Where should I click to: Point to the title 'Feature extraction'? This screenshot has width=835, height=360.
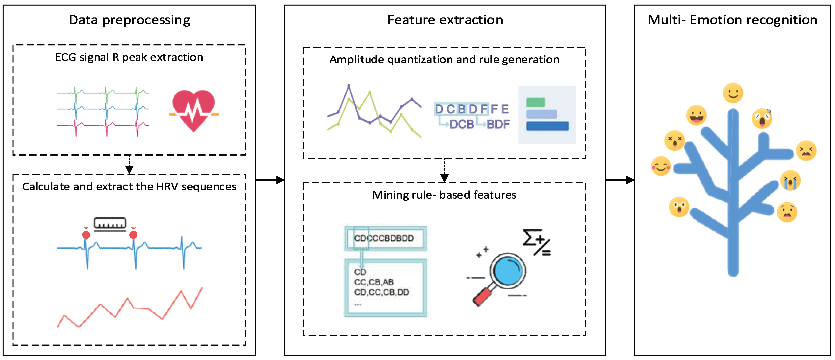click(445, 20)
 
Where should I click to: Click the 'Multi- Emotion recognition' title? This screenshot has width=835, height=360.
click(732, 20)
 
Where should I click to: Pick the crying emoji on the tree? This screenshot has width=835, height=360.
click(790, 180)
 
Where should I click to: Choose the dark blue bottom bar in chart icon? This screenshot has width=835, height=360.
click(547, 126)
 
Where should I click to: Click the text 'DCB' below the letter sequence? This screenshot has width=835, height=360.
click(462, 124)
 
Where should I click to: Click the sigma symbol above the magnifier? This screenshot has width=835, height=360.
click(530, 238)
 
